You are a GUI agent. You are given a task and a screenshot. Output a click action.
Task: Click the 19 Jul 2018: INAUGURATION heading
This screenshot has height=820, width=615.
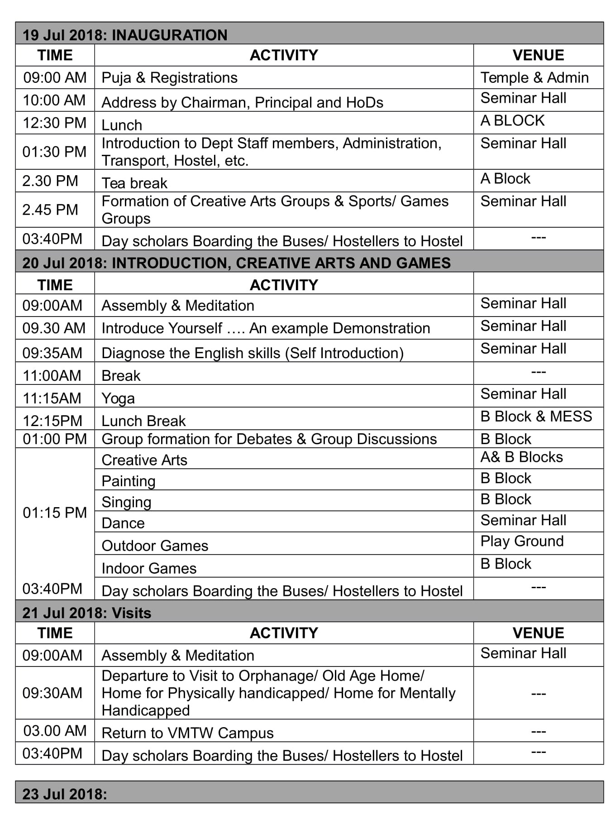pyautogui.click(x=125, y=35)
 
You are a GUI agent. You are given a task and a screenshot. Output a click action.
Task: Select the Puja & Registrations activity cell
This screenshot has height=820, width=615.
pyautogui.click(x=169, y=78)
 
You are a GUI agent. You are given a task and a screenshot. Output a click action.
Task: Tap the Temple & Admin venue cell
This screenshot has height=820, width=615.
pyautogui.click(x=534, y=78)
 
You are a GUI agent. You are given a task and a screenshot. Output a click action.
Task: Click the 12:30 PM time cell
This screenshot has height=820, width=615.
pyautogui.click(x=54, y=123)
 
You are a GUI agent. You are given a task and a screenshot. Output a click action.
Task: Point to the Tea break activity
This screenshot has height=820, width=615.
pyautogui.click(x=134, y=183)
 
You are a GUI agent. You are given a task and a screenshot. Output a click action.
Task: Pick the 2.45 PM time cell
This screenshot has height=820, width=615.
pyautogui.click(x=50, y=210)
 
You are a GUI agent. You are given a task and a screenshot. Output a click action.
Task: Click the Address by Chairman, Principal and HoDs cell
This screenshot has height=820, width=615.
pyautogui.click(x=242, y=102)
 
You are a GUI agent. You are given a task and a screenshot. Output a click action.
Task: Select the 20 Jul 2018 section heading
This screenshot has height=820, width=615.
pyautogui.click(x=236, y=263)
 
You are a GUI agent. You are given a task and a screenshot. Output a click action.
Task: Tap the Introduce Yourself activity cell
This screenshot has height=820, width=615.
pyautogui.click(x=266, y=328)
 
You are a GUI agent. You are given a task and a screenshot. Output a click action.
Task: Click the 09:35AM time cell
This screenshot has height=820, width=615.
pyautogui.click(x=52, y=353)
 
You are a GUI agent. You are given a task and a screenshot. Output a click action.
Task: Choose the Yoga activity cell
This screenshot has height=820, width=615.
pyautogui.click(x=118, y=398)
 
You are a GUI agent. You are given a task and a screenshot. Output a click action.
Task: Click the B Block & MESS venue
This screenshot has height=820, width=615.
pyautogui.click(x=536, y=417)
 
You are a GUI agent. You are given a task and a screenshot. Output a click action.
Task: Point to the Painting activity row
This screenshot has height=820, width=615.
pyautogui.click(x=129, y=481)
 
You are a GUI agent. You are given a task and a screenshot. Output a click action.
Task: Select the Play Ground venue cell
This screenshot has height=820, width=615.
pyautogui.click(x=522, y=541)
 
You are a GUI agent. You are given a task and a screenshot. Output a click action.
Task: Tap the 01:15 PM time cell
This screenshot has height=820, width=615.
pyautogui.click(x=54, y=513)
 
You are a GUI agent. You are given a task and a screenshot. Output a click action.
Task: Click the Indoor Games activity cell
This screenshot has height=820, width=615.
pyautogui.click(x=149, y=568)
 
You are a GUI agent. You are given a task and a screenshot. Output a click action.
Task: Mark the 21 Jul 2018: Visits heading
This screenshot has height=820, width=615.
pyautogui.click(x=87, y=613)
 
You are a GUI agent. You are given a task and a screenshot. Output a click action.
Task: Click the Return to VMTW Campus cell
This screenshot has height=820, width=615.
pyautogui.click(x=187, y=733)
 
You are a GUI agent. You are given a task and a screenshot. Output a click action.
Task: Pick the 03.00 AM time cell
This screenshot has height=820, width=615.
pyautogui.click(x=55, y=731)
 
